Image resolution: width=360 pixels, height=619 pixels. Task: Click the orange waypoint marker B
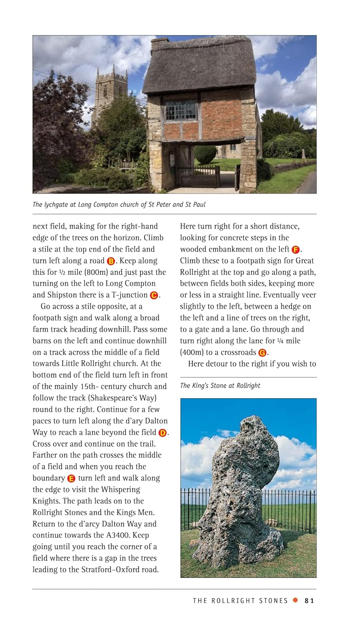click(111, 261)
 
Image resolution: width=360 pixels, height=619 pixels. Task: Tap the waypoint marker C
click(154, 295)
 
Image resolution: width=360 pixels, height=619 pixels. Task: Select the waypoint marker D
click(163, 432)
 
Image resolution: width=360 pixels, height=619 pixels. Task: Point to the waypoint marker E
click(71, 478)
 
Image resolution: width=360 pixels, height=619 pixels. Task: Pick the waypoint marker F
click(296, 249)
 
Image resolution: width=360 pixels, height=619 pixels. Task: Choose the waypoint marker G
click(263, 352)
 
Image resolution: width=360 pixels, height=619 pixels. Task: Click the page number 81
click(309, 600)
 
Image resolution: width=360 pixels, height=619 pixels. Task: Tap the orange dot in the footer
click(295, 600)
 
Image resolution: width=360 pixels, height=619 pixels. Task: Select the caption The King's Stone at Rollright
click(220, 385)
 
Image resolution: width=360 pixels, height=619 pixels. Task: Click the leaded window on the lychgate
click(180, 111)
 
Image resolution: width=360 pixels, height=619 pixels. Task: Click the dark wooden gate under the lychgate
click(198, 177)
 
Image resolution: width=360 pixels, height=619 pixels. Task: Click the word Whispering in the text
click(120, 489)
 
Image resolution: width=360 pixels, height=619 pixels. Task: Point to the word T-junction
click(127, 295)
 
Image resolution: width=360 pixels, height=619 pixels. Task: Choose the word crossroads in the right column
click(238, 352)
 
